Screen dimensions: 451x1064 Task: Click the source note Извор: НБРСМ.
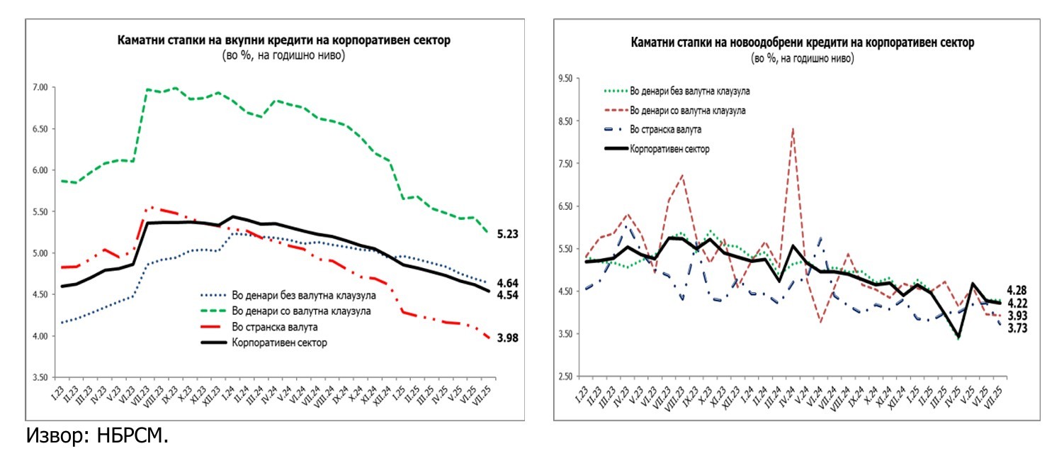pos(98,435)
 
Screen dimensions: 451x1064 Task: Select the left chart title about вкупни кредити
pos(283,40)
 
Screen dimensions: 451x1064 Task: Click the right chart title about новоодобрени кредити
pos(803,43)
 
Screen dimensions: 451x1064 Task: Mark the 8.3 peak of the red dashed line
pos(793,128)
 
